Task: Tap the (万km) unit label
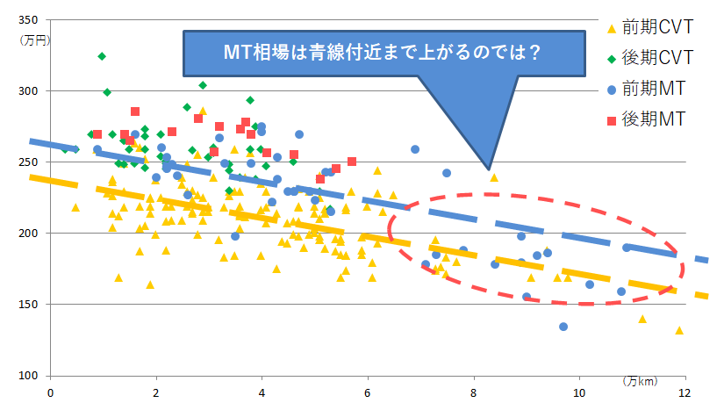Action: pos(640,381)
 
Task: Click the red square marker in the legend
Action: pos(611,117)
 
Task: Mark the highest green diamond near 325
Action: pos(102,56)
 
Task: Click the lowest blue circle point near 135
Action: pos(563,327)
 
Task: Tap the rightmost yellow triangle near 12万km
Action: pos(678,331)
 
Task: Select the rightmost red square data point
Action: pos(352,162)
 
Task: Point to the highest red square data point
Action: pos(135,111)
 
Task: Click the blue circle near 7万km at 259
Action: pos(415,149)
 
